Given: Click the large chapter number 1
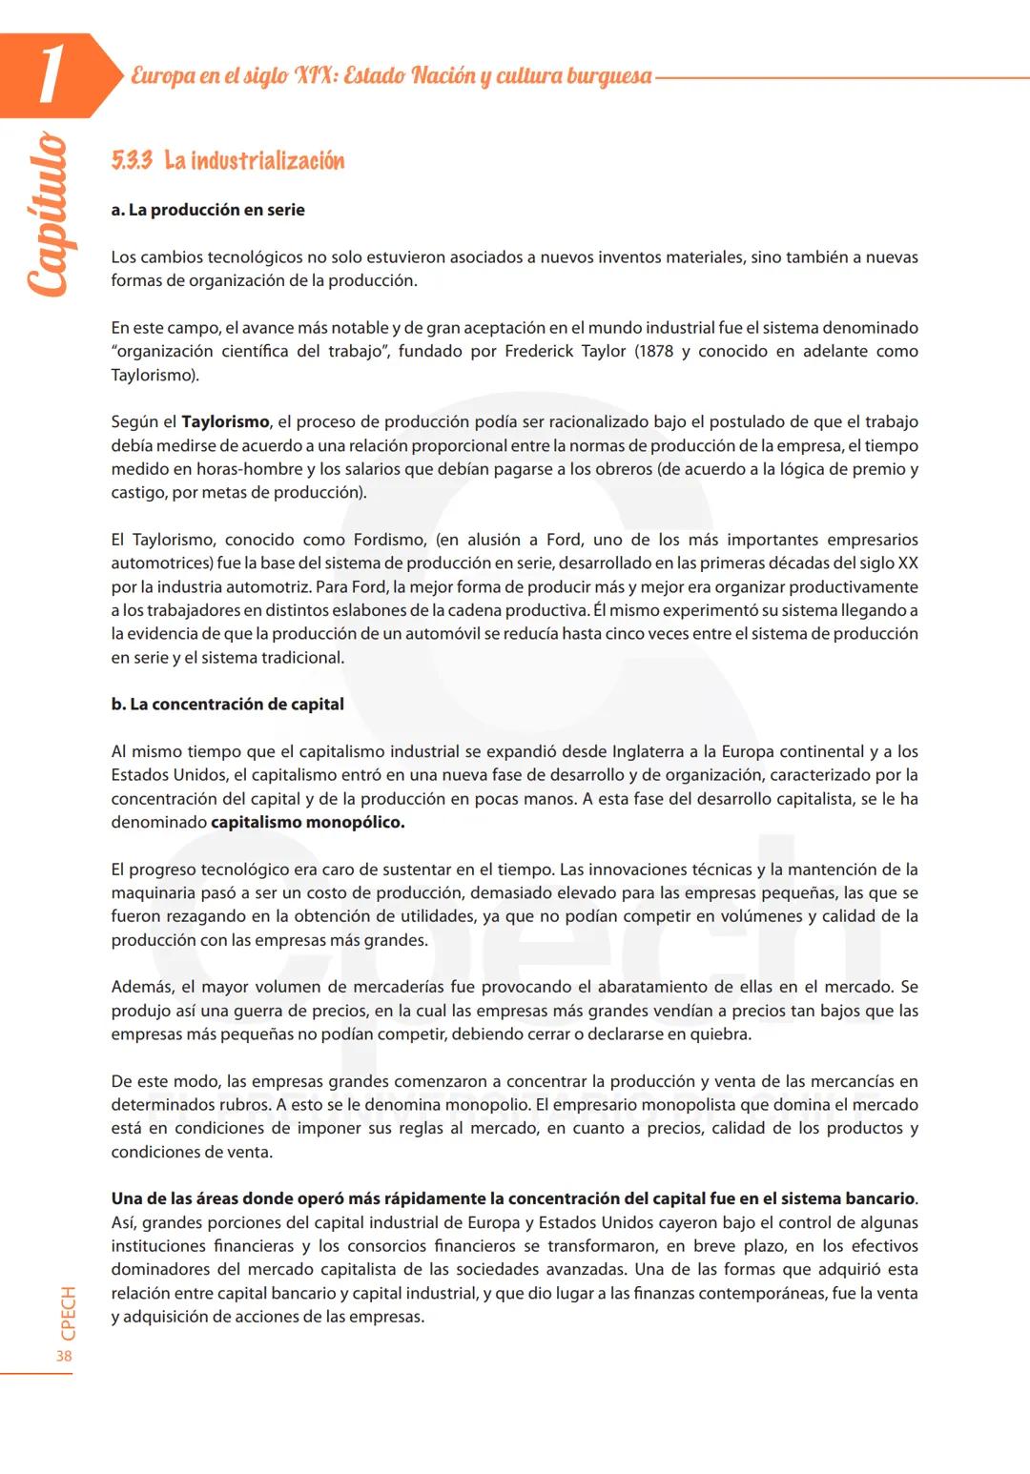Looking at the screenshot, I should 50,73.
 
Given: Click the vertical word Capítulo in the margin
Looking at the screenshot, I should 48,215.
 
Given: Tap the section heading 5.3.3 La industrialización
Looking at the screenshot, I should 228,160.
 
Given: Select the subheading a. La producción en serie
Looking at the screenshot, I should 208,210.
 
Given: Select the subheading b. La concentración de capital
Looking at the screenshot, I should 227,705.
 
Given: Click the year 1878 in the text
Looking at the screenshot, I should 654,351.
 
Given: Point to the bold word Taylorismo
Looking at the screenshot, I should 225,421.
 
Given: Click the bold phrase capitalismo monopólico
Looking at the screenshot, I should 307,822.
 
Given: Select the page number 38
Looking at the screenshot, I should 64,1356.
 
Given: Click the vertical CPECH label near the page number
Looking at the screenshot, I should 68,1314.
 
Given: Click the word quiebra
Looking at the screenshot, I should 720,1034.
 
